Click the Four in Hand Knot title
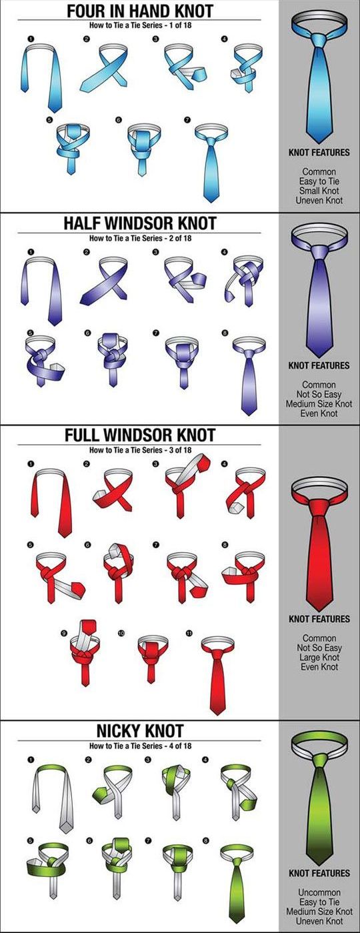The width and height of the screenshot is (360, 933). pyautogui.click(x=140, y=11)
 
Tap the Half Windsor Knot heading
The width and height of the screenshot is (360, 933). pyautogui.click(x=140, y=223)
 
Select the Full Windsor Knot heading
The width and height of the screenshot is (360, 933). pyautogui.click(x=140, y=435)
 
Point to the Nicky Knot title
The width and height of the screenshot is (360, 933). pyautogui.click(x=140, y=730)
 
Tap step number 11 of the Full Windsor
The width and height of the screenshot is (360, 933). pyautogui.click(x=189, y=633)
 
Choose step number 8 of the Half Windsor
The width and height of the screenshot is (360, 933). pyautogui.click(x=225, y=333)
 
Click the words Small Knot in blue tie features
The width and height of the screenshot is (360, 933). pyautogui.click(x=319, y=191)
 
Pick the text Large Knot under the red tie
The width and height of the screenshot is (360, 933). pyautogui.click(x=319, y=658)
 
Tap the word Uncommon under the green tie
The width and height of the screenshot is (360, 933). pyautogui.click(x=319, y=892)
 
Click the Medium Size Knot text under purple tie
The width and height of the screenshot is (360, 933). pyautogui.click(x=319, y=403)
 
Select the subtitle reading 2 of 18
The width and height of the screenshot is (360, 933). pyautogui.click(x=178, y=238)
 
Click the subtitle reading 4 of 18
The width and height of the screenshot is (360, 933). pyautogui.click(x=178, y=746)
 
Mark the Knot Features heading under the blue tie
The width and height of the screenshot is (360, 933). pyautogui.click(x=319, y=153)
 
